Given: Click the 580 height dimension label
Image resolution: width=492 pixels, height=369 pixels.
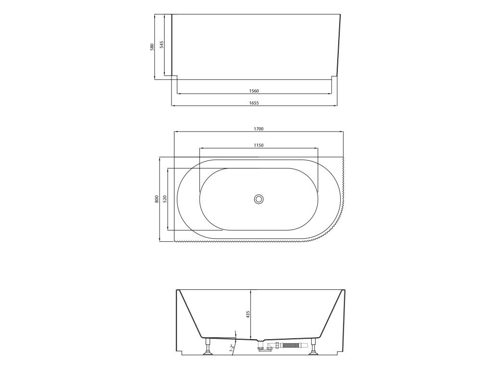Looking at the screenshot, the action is click(152, 48).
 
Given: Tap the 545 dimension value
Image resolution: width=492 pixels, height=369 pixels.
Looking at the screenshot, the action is click(161, 44).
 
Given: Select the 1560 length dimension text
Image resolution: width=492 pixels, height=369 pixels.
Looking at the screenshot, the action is click(254, 91).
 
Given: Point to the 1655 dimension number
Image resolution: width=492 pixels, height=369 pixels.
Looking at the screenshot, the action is click(254, 103).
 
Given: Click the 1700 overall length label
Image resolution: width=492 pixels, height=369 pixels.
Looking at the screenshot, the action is click(258, 129).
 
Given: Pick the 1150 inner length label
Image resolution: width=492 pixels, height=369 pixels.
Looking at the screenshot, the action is click(258, 145).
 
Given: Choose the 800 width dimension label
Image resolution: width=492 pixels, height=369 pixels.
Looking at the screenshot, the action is click(157, 199).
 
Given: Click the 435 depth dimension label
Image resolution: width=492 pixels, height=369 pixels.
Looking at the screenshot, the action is click(247, 314).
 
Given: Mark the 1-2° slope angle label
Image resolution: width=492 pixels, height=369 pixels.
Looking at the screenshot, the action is click(231, 349).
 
